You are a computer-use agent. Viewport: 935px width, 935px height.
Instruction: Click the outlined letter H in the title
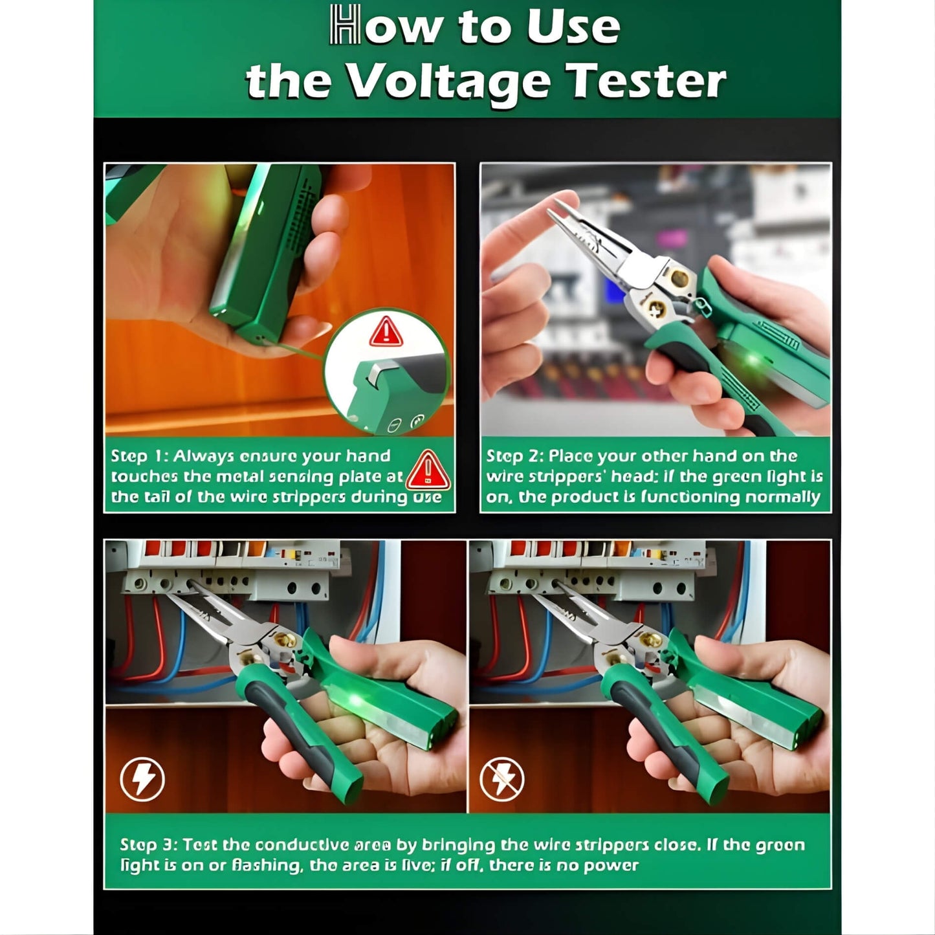click(x=344, y=25)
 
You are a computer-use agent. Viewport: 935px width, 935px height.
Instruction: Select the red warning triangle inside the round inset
click(x=386, y=332)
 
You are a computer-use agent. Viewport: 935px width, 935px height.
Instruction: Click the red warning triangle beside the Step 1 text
click(x=428, y=470)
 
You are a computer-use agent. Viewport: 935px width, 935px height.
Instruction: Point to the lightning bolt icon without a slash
click(x=142, y=779)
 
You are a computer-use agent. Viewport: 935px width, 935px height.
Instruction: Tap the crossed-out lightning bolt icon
click(x=501, y=779)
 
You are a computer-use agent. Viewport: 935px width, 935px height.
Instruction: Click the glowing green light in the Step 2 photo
click(x=753, y=360)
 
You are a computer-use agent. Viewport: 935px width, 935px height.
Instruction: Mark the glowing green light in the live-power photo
click(x=356, y=701)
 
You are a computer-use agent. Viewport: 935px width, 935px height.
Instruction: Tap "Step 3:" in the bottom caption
click(x=148, y=845)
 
